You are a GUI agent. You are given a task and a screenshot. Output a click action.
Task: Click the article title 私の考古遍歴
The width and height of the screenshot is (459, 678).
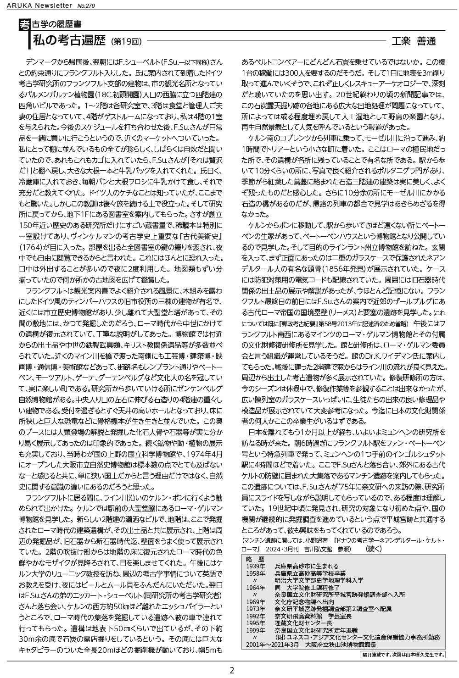[69, 41]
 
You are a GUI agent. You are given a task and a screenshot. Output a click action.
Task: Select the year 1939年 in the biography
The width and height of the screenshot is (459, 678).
[256, 566]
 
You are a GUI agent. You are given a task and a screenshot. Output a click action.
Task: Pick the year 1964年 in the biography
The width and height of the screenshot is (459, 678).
[256, 587]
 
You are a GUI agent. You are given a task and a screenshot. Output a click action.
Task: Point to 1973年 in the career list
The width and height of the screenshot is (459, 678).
[256, 609]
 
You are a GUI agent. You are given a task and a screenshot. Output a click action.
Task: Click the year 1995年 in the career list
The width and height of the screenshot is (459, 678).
[256, 623]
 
